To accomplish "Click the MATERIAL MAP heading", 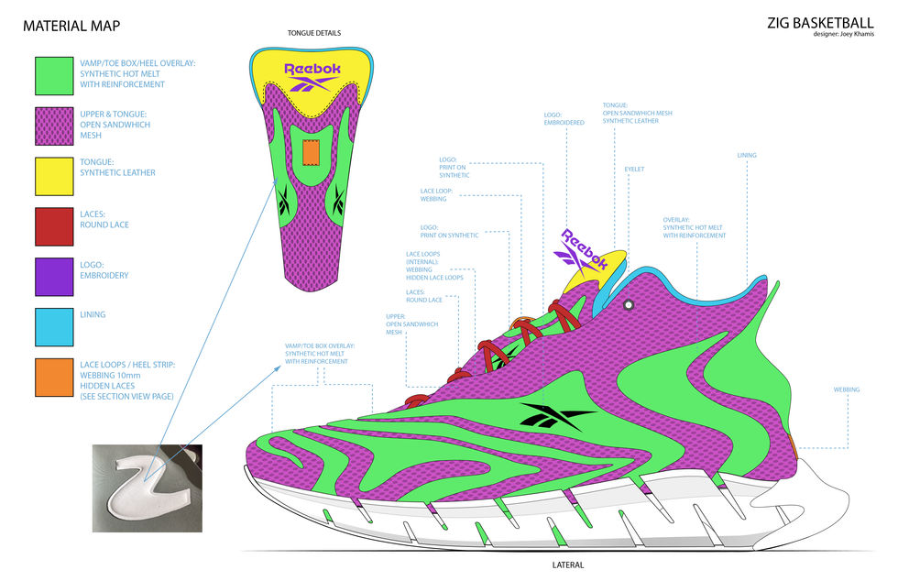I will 71,26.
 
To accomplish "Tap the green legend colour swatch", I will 53,74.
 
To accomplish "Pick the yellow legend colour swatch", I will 53,175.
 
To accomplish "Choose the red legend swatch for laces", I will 53,225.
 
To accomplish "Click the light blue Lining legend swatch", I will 53,326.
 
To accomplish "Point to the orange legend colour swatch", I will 53,377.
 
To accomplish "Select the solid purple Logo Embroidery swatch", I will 53,276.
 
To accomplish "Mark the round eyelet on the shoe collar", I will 629,303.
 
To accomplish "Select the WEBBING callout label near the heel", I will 846,389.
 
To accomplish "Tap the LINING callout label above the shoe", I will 747,156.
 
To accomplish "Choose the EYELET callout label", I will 634,169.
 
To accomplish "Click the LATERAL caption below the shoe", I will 568,565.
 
